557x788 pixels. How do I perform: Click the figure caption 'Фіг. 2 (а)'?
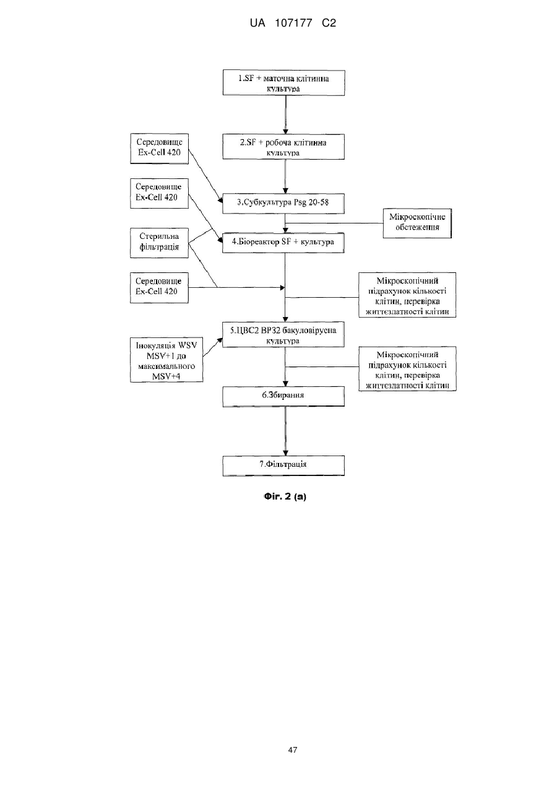(x=285, y=496)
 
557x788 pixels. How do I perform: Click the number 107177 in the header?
(x=293, y=24)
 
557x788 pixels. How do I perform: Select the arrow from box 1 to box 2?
(x=285, y=115)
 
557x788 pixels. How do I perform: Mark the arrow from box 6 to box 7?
(x=285, y=431)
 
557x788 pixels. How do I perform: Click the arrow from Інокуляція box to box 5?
(x=213, y=347)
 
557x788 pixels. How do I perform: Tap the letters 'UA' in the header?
(x=257, y=24)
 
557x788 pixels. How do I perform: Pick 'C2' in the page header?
(x=329, y=24)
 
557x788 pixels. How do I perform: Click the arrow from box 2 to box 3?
(x=285, y=176)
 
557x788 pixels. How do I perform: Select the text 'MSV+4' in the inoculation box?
(x=166, y=376)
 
